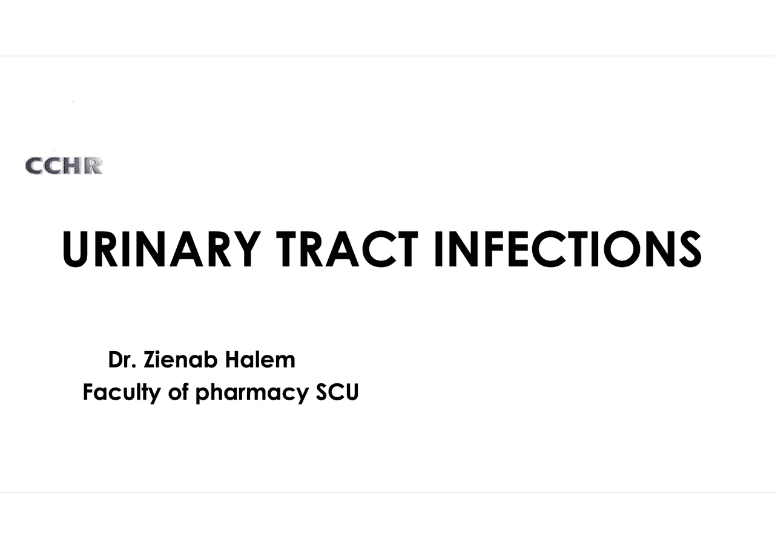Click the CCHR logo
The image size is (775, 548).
[x=64, y=165]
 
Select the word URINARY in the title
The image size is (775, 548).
[x=161, y=249]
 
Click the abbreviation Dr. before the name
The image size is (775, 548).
[x=124, y=360]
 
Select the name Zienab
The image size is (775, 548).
[x=182, y=360]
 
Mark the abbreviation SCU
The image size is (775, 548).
[x=338, y=393]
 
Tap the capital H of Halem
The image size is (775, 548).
[x=233, y=360]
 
